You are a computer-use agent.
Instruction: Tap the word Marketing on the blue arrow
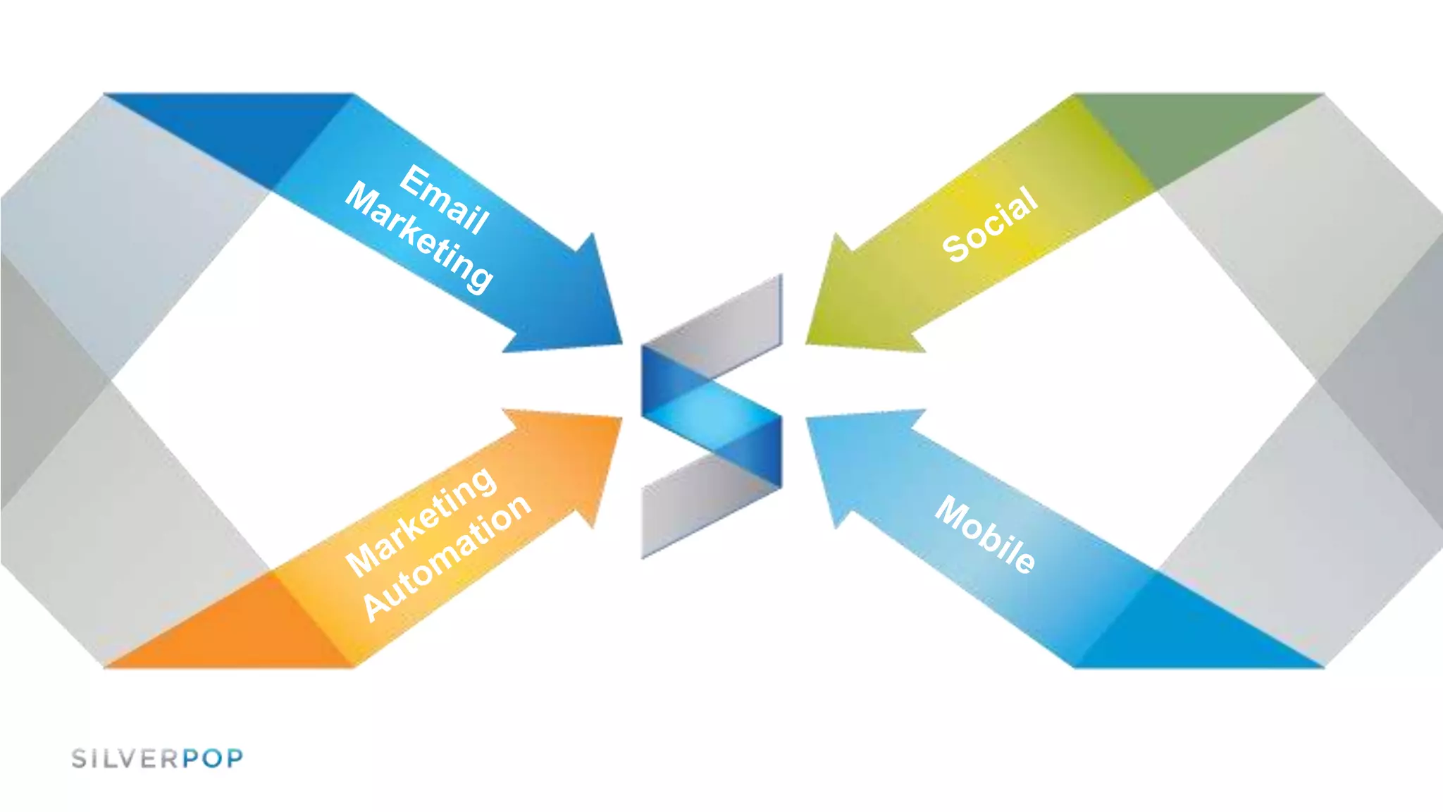420,238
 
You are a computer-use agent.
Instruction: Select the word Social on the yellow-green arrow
990,225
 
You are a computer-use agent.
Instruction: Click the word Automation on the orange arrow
447,557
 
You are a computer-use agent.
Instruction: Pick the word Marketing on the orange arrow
421,521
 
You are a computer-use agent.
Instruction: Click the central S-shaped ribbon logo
712,416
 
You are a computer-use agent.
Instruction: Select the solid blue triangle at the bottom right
1198,634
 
